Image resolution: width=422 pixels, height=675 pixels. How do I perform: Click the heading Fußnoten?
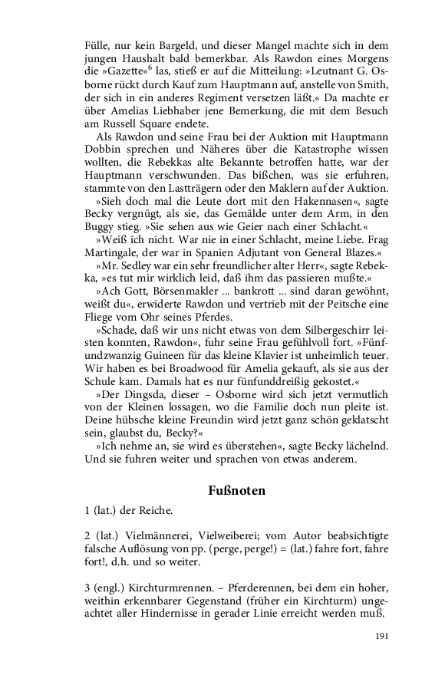[x=237, y=490]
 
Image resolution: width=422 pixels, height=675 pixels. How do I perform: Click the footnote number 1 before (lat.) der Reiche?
[x=87, y=510]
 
